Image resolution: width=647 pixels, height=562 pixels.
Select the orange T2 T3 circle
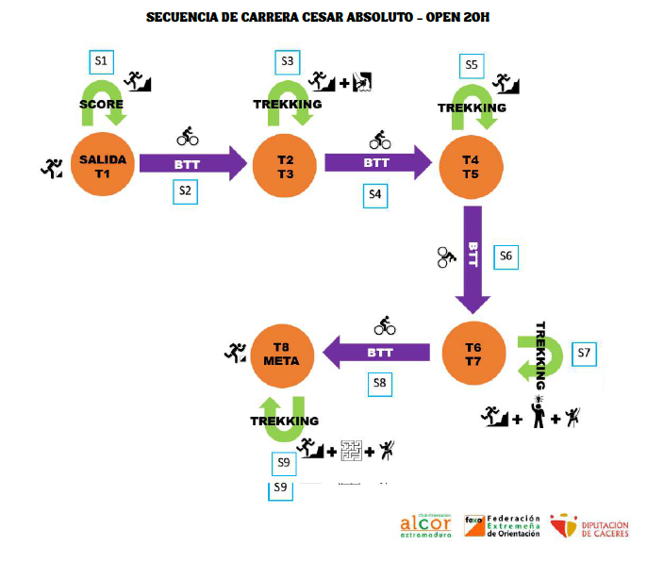pos(286,166)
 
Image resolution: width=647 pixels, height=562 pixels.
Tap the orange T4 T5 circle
pos(472,166)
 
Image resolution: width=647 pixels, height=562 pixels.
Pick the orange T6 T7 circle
pos(473,352)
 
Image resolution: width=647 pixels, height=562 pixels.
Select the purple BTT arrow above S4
pos(376,163)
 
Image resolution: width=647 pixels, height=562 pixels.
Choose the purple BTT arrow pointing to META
pos(376,353)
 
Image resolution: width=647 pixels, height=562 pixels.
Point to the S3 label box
pos(288,61)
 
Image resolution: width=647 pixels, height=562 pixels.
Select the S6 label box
pos(505,256)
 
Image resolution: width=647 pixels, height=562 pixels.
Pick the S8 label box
pos(379,384)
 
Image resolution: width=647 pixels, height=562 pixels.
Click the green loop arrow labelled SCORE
pos(103,104)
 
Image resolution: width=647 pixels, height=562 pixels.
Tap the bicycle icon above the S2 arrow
pos(188,138)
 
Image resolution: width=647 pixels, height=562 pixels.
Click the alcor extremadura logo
pos(425,526)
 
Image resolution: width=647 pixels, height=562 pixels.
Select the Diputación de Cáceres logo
pos(589,526)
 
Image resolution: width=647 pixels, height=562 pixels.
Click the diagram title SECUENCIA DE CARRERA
pos(318,17)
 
